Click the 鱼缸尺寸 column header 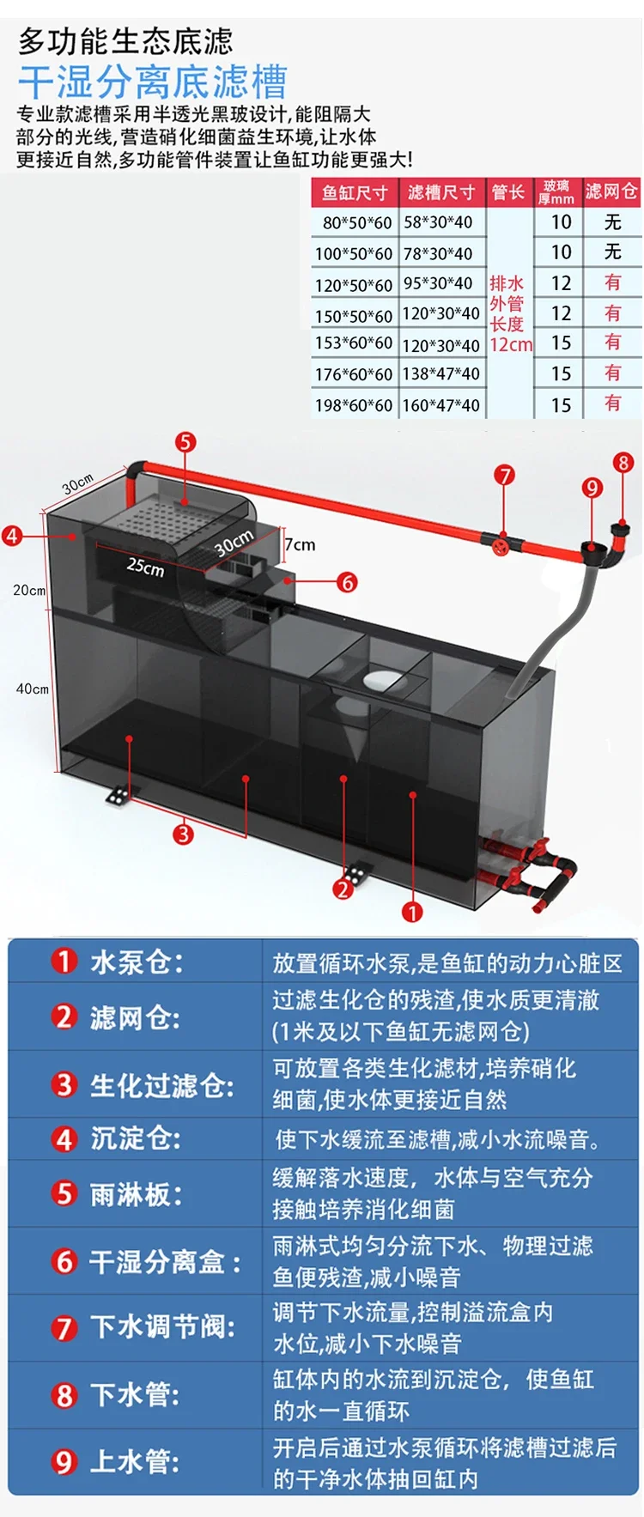click(355, 192)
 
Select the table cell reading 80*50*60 click(356, 222)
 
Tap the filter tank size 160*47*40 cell click(441, 405)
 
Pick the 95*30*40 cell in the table click(438, 283)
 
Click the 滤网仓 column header click(611, 191)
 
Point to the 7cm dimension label click(300, 544)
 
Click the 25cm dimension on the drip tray click(145, 567)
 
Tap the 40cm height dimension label click(32, 689)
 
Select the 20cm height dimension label click(28, 590)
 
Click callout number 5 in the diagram click(185, 442)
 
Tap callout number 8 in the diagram click(623, 463)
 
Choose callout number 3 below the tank click(183, 834)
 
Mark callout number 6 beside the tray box click(347, 582)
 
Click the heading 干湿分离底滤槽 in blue click(153, 83)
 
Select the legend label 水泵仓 click(137, 962)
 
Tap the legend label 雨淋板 click(137, 1193)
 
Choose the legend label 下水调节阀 click(163, 1327)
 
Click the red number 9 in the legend click(64, 1461)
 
